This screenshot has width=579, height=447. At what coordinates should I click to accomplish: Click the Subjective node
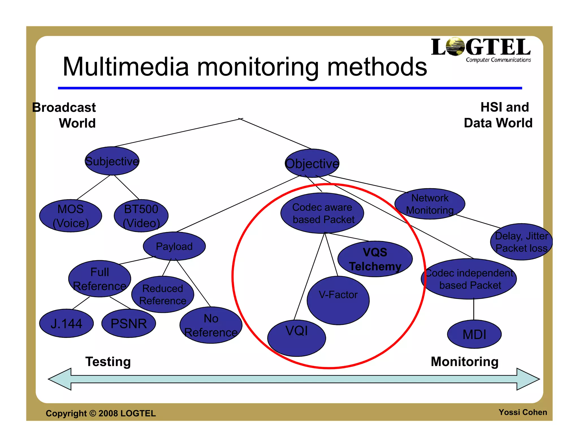(112, 161)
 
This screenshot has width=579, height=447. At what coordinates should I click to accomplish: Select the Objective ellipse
(312, 163)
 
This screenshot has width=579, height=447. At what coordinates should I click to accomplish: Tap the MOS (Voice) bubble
(71, 216)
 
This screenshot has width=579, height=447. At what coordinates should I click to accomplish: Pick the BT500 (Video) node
(141, 216)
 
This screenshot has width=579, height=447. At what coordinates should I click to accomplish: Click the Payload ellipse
(174, 246)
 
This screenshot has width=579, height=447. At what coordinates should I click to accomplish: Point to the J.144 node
(66, 323)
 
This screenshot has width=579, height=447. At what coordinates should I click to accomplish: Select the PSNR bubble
(129, 323)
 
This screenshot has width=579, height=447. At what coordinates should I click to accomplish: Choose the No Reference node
(211, 325)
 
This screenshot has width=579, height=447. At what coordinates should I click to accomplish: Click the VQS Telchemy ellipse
(375, 259)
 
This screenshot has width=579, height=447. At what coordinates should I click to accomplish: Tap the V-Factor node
(338, 300)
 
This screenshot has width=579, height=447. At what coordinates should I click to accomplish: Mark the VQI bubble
(297, 338)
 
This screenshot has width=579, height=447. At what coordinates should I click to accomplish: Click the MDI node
(474, 334)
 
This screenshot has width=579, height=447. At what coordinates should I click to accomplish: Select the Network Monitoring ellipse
(430, 204)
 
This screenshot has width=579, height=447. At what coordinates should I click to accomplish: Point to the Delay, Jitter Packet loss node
(521, 242)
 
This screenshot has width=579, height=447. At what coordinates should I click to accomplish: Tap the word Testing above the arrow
(108, 362)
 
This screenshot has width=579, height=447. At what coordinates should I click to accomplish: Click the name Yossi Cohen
(522, 412)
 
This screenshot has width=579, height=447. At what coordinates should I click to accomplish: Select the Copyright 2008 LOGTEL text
(101, 413)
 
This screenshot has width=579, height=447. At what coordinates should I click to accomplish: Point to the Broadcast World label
(64, 115)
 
